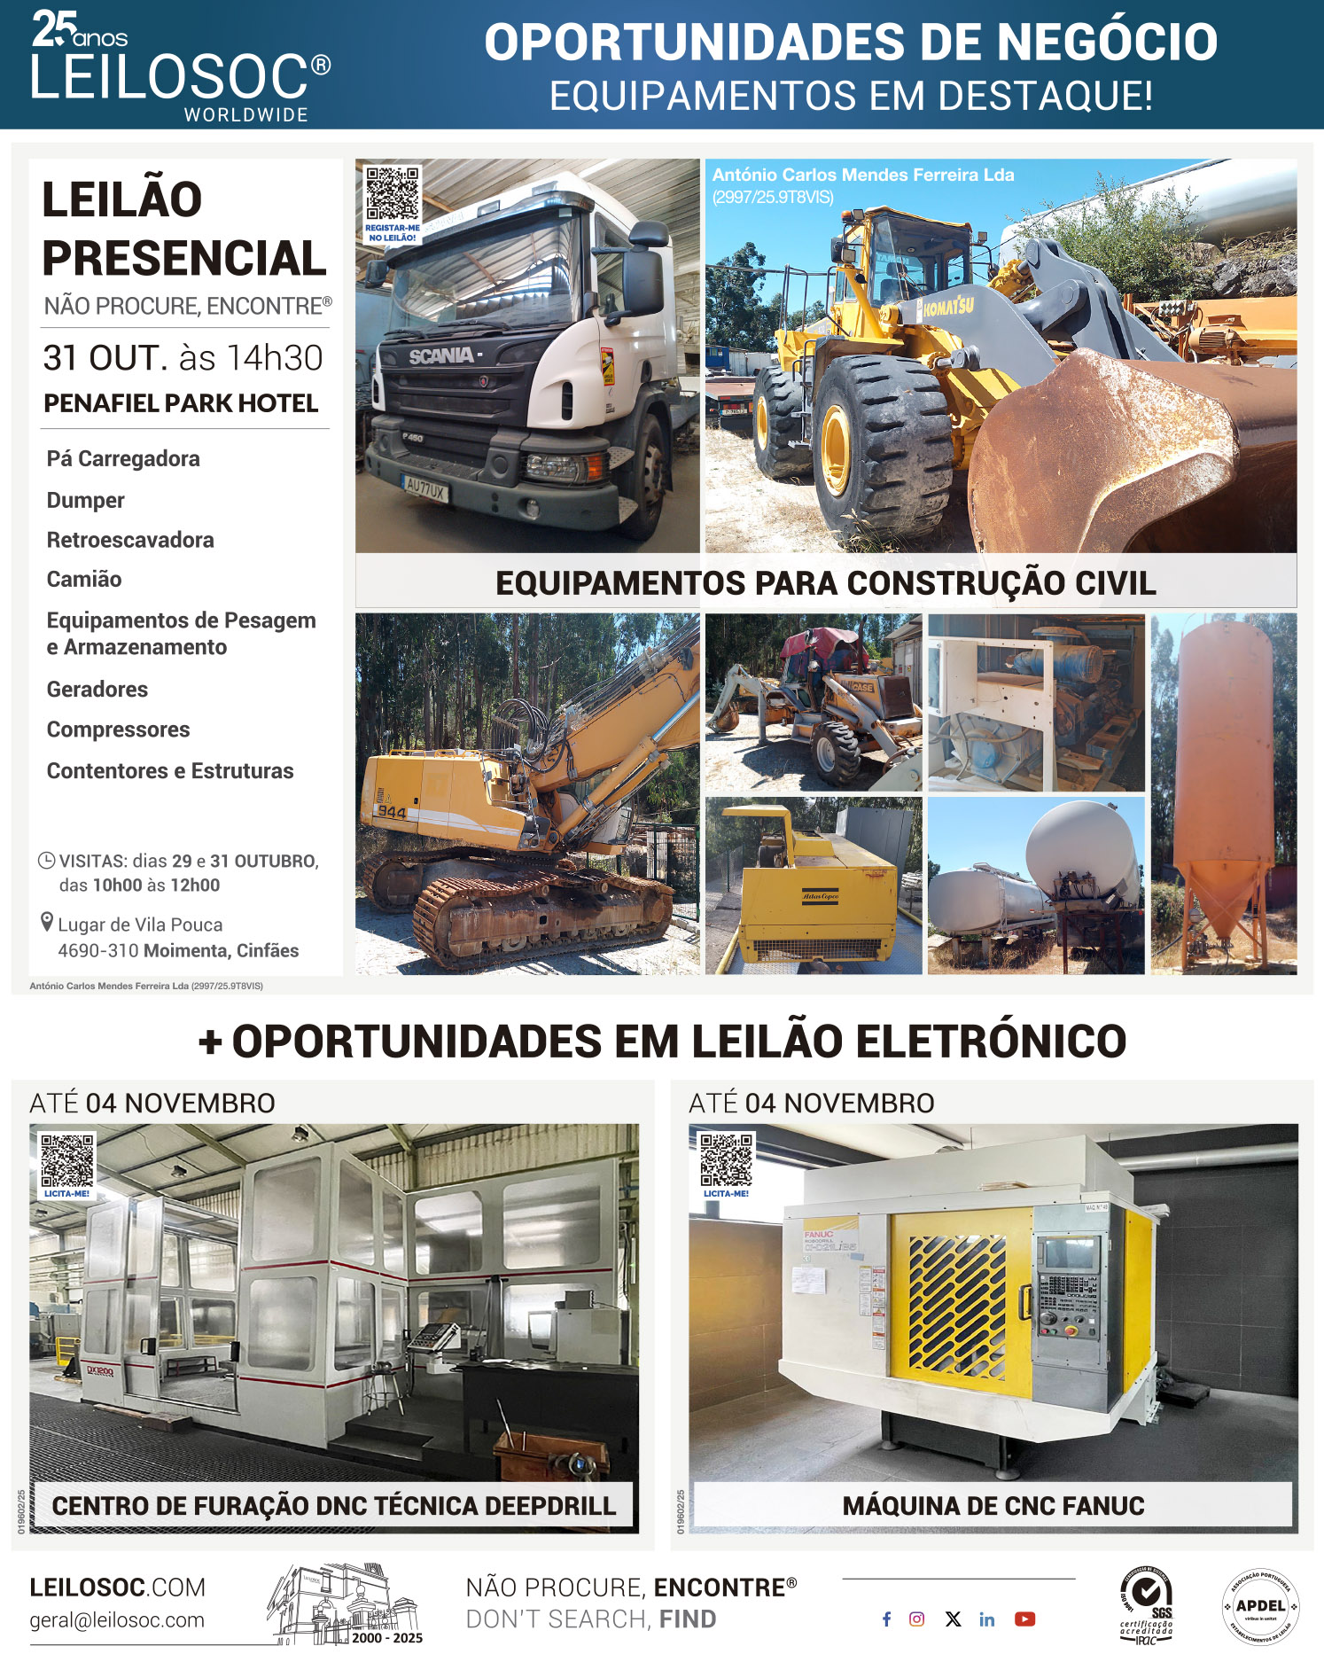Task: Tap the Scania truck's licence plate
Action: click(x=426, y=487)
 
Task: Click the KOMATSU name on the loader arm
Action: click(x=948, y=308)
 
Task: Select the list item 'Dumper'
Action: click(x=86, y=500)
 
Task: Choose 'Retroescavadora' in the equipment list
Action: click(x=130, y=540)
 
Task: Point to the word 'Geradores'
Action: click(x=97, y=689)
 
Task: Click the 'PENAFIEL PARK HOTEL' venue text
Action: click(x=181, y=403)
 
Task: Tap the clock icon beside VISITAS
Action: click(x=47, y=861)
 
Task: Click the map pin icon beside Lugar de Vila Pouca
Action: click(x=48, y=923)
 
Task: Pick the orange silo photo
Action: click(x=1223, y=793)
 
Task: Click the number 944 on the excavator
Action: click(x=392, y=812)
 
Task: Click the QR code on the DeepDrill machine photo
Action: click(x=67, y=1160)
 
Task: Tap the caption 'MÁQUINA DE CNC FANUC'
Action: click(x=993, y=1506)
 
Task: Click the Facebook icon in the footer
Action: click(x=886, y=1619)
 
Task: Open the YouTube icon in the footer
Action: click(x=1024, y=1619)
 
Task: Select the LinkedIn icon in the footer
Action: click(x=987, y=1619)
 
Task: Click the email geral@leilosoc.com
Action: click(x=117, y=1620)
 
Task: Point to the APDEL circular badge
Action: click(x=1260, y=1606)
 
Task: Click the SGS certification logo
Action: click(x=1147, y=1604)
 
